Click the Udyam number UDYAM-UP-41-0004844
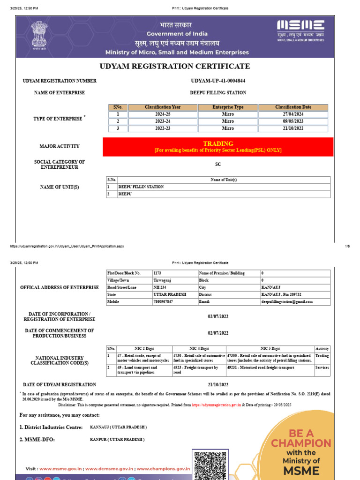click(x=218, y=81)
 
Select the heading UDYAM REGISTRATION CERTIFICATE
click(x=175, y=66)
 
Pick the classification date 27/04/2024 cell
click(x=293, y=114)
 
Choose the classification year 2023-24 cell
click(x=162, y=121)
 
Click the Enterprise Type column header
click(x=228, y=107)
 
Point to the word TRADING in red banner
click(x=218, y=143)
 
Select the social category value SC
click(x=218, y=165)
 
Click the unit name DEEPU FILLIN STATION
click(x=141, y=187)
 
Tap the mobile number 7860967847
click(x=163, y=301)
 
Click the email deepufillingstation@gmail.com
click(x=287, y=301)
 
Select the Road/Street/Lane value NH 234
click(x=160, y=287)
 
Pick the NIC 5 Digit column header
click(x=270, y=349)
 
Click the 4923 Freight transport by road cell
click(x=199, y=370)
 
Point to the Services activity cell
click(x=322, y=367)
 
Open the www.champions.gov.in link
click(x=163, y=468)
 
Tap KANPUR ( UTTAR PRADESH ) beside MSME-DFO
click(x=117, y=440)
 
